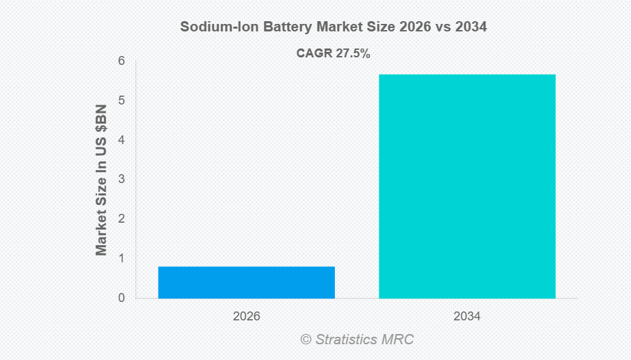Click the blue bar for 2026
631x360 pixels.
[246, 282]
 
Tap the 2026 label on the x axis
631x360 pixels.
[246, 316]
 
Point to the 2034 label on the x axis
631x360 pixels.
[467, 316]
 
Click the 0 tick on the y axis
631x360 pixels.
[122, 298]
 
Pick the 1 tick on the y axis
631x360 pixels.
[122, 258]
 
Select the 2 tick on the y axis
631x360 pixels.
[122, 219]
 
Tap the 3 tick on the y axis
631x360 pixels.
[122, 179]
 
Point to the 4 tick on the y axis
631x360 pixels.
[122, 140]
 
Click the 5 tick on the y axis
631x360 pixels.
[122, 100]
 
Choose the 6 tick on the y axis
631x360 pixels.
[122, 61]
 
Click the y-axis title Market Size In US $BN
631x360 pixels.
[101, 180]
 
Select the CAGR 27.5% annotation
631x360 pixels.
[333, 53]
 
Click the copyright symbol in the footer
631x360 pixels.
[306, 340]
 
